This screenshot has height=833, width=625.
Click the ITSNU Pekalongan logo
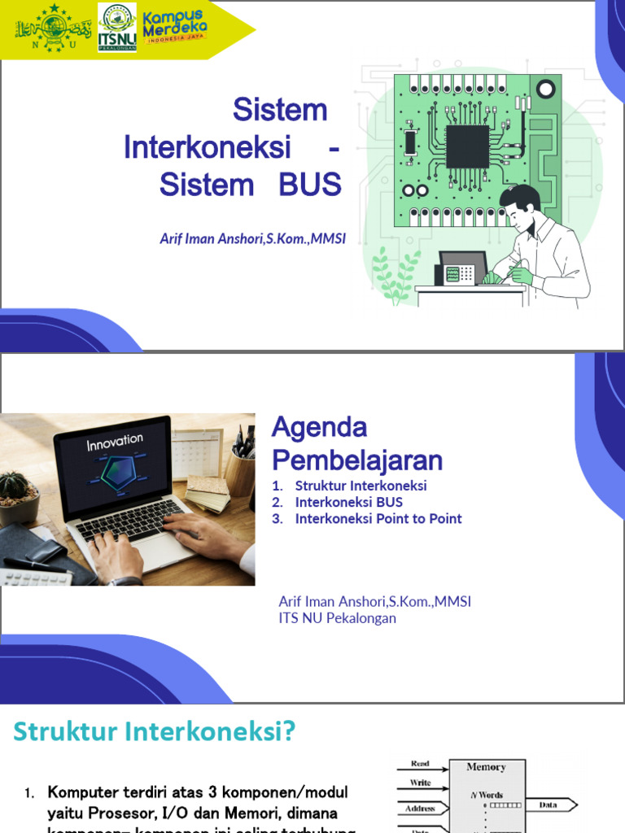tap(117, 28)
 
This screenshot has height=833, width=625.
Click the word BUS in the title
tap(310, 185)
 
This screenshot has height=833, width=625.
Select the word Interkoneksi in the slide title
tap(208, 148)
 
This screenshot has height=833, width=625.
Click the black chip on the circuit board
tap(467, 146)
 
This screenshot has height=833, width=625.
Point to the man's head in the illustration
tap(520, 207)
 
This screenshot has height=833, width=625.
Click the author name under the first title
tap(253, 239)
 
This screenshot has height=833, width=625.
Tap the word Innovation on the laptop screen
tap(115, 443)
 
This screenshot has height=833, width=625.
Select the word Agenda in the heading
tap(319, 427)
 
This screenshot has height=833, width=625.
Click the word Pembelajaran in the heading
tap(356, 460)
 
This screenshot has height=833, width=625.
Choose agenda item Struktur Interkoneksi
tap(361, 486)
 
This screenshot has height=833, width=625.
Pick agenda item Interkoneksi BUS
tap(348, 502)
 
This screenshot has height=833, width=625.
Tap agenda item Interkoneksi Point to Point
tap(378, 518)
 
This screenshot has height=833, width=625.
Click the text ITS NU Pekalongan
tap(337, 618)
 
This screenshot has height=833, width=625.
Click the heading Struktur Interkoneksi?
tap(154, 732)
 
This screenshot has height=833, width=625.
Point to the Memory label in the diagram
tap(486, 767)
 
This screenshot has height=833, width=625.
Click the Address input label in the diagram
tap(420, 809)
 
